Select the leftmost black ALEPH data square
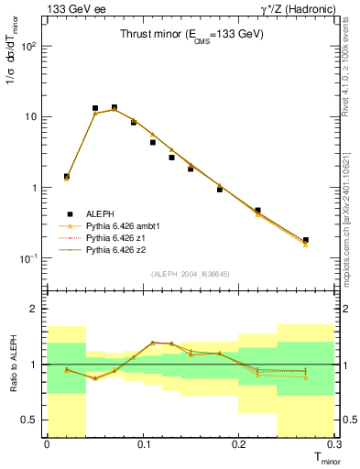click(x=66, y=177)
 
